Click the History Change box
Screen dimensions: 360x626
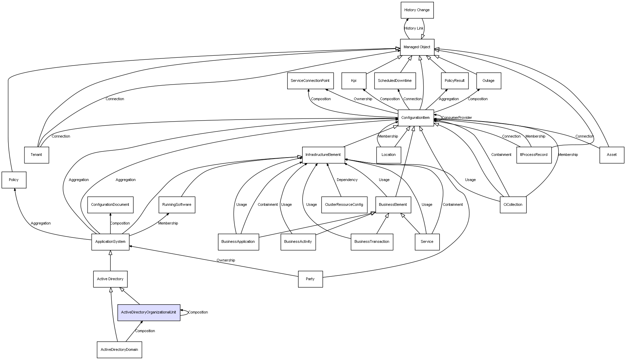point(417,10)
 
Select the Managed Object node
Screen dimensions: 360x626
point(417,47)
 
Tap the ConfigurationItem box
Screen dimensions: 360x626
point(416,118)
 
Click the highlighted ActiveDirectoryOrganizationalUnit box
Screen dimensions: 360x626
point(149,312)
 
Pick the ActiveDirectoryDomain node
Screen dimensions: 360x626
point(119,349)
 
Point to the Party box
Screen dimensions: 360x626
point(310,279)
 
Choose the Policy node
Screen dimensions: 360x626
point(14,180)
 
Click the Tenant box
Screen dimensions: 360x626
point(36,155)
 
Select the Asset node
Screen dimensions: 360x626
point(612,155)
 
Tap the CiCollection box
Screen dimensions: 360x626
point(513,205)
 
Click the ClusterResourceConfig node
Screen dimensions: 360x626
point(344,205)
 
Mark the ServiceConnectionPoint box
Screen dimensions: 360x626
point(310,81)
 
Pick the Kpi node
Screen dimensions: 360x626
point(354,81)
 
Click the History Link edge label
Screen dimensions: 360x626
point(414,29)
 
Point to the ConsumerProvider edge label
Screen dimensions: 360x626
point(457,118)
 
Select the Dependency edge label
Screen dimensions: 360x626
point(347,180)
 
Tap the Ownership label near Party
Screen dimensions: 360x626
point(226,260)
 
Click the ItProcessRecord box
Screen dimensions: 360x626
point(534,155)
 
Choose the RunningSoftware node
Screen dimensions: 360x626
point(177,205)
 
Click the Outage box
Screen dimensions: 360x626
point(488,81)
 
